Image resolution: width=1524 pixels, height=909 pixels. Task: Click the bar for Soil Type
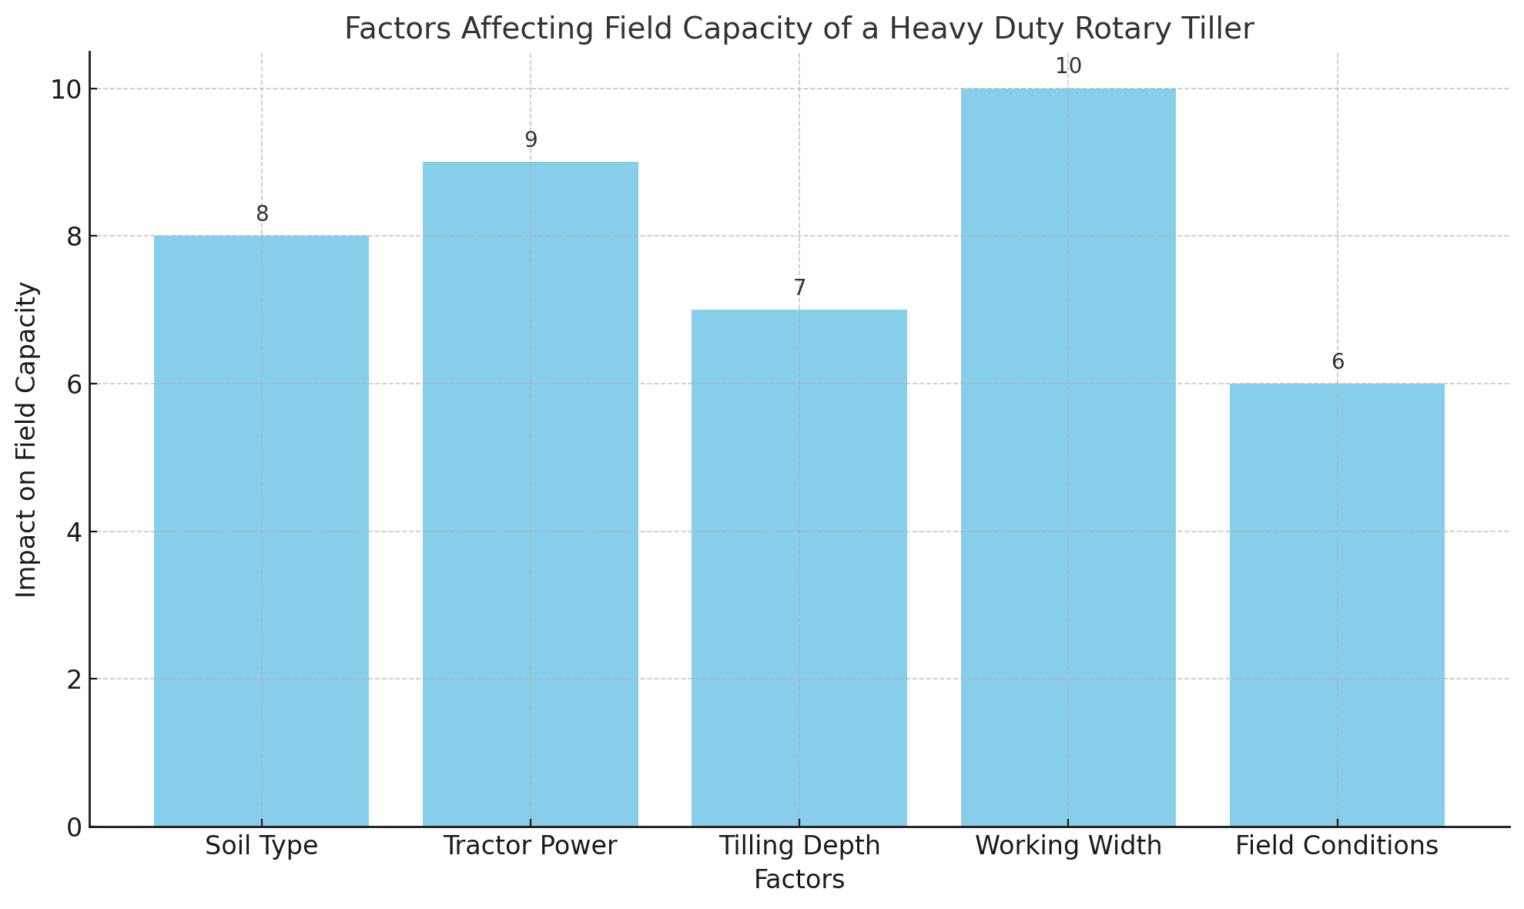(261, 531)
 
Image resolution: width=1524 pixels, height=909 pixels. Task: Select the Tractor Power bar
(530, 494)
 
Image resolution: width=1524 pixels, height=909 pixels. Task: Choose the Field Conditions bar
(1337, 605)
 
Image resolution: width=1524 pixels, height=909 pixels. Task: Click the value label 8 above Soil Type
(262, 214)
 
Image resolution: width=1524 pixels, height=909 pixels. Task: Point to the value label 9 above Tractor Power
(531, 140)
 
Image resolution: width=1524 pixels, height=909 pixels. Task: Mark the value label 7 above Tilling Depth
(799, 288)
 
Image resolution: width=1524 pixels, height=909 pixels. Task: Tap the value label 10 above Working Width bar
(1068, 66)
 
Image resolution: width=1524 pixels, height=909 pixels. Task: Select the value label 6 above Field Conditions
(1338, 362)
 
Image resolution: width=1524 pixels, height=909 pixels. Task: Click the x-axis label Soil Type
(261, 847)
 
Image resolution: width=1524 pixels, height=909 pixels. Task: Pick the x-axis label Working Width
(1067, 847)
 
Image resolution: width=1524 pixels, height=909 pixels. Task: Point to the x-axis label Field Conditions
(1337, 847)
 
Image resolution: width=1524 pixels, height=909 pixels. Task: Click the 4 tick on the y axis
(75, 532)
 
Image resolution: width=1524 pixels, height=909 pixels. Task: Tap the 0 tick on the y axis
(75, 827)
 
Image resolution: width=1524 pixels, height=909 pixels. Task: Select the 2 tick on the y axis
(75, 679)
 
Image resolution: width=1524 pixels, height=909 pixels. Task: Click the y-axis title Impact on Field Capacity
(27, 439)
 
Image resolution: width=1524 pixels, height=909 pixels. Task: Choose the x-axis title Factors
(799, 880)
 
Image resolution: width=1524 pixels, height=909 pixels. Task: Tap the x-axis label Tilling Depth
(799, 847)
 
